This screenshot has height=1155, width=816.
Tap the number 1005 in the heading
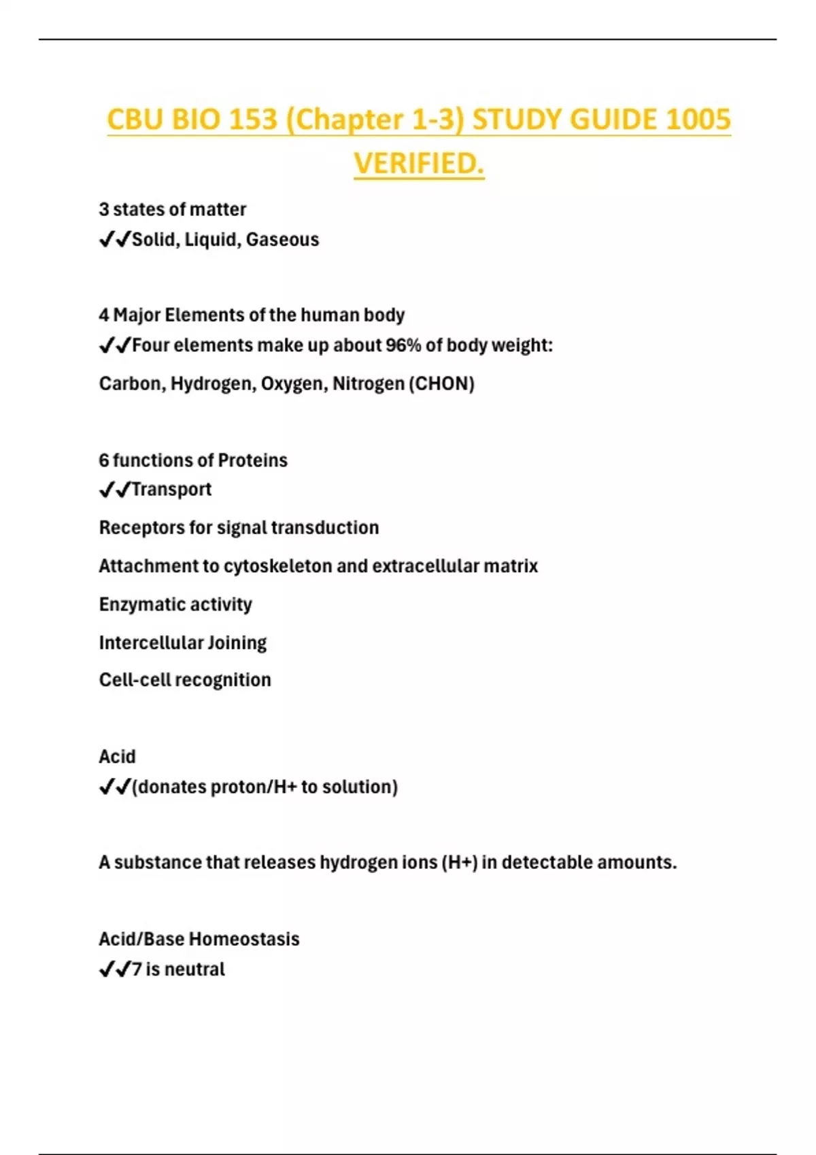[x=698, y=120]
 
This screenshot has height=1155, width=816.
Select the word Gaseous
[x=282, y=240]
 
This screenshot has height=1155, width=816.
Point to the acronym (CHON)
[x=441, y=384]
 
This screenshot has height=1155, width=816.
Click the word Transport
[x=171, y=489]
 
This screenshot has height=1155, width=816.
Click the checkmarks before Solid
[x=114, y=240]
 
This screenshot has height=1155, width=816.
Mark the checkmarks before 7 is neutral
[x=114, y=970]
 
